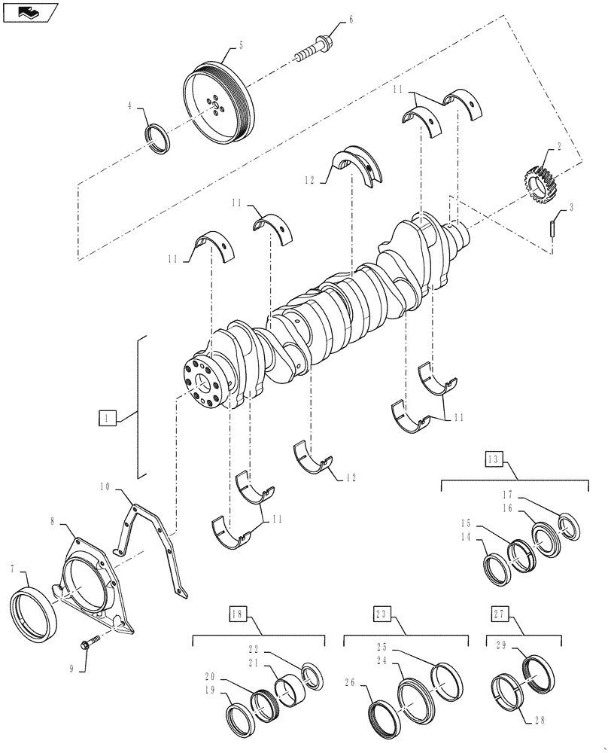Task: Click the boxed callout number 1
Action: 107,416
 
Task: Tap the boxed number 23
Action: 381,614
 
